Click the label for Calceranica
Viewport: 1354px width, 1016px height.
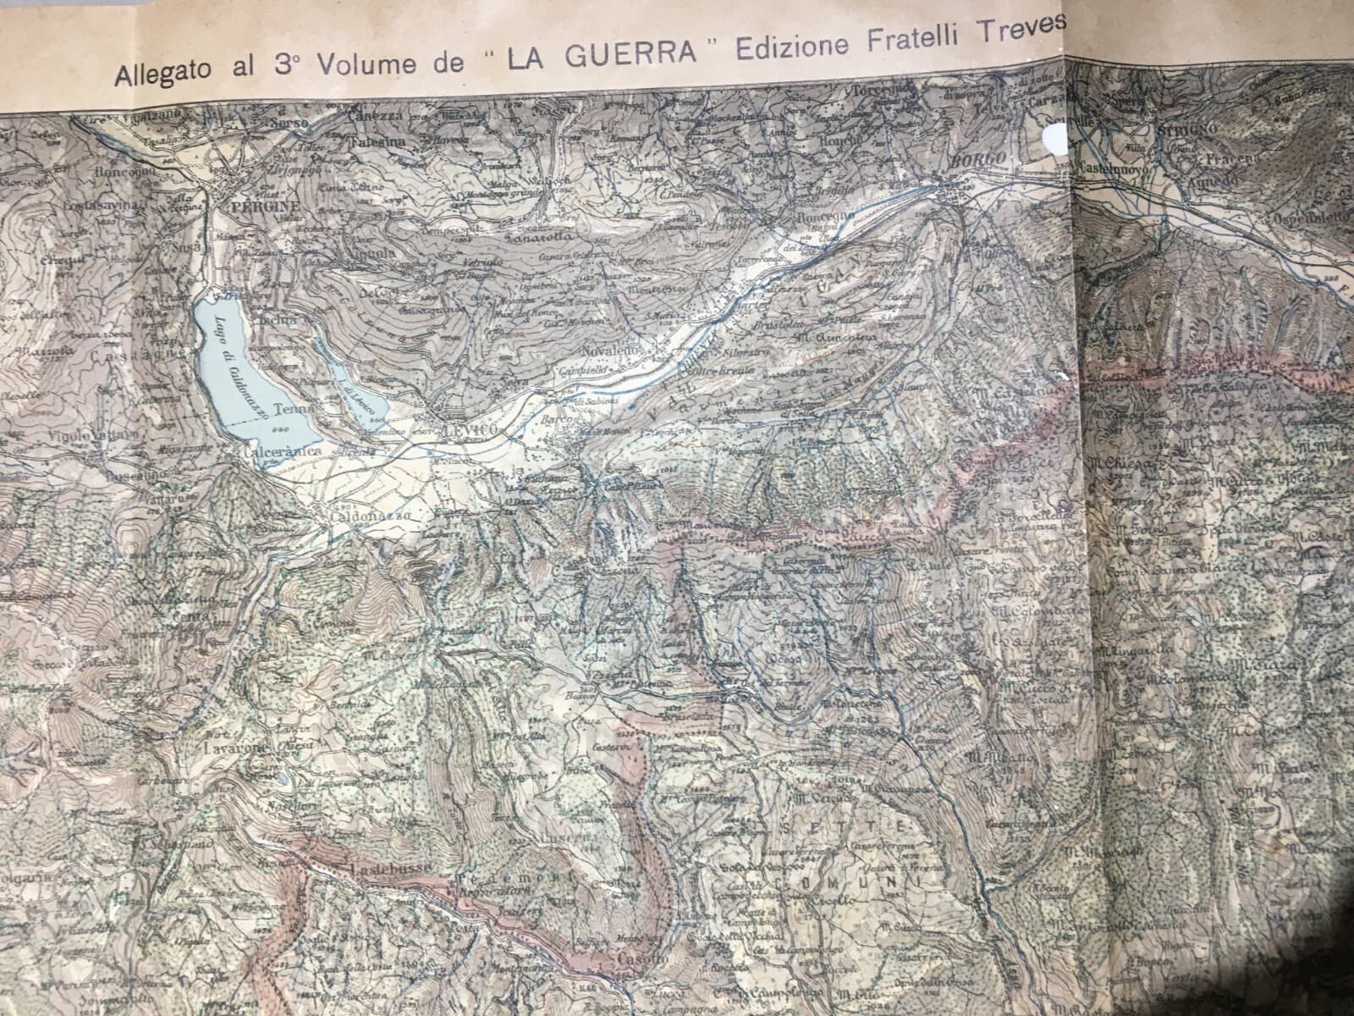tap(281, 454)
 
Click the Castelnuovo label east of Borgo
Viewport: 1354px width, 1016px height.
tap(1110, 168)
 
